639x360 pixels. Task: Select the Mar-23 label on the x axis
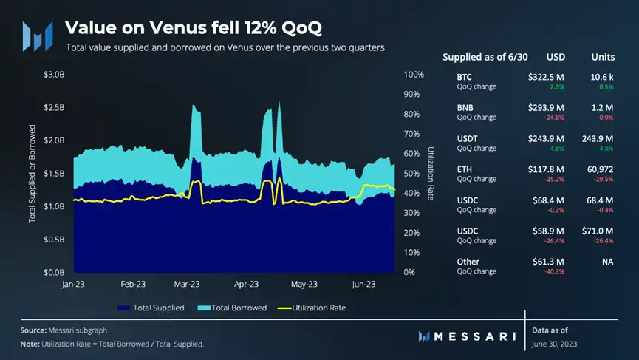pos(188,284)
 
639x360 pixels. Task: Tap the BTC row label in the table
pos(465,76)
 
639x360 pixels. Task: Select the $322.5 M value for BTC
pos(546,76)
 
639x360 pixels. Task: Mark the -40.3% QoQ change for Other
pos(555,271)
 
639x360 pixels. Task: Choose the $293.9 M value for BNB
pos(546,107)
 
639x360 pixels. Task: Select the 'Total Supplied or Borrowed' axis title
pos(33,173)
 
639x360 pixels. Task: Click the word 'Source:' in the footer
pos(35,330)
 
